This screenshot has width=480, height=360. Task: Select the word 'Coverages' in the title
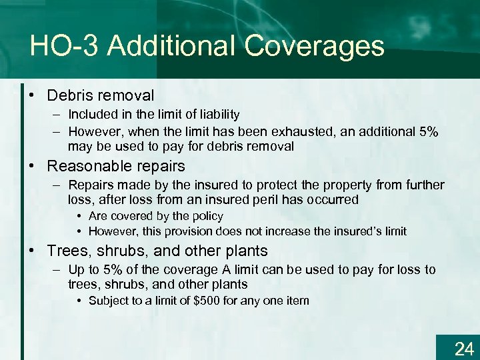pyautogui.click(x=314, y=46)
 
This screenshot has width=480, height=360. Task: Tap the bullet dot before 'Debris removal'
pyautogui.click(x=32, y=96)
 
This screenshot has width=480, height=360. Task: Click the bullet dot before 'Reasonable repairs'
pyautogui.click(x=32, y=165)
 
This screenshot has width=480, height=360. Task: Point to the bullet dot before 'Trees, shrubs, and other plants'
pyautogui.click(x=32, y=251)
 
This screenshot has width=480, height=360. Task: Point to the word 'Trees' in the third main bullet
pyautogui.click(x=65, y=251)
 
